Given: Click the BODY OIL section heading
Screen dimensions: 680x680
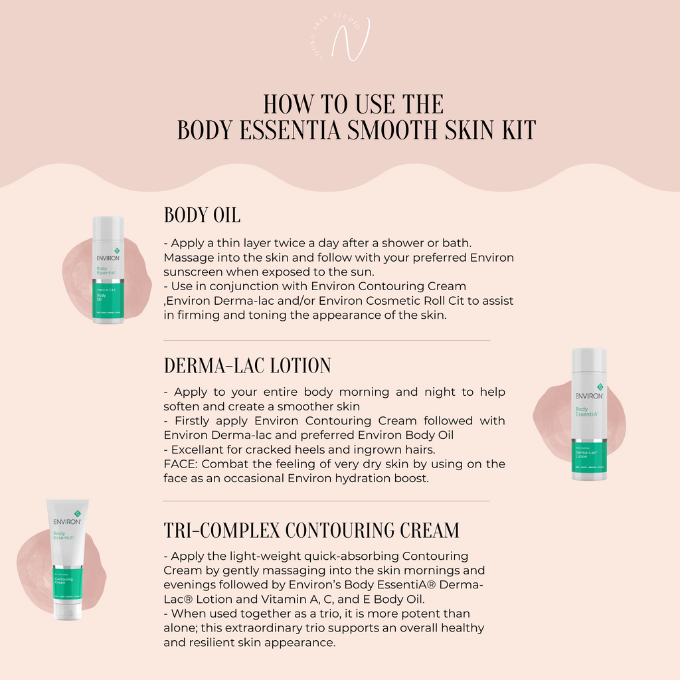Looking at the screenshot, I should point(202,215).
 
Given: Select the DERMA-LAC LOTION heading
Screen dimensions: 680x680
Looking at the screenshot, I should point(247,365).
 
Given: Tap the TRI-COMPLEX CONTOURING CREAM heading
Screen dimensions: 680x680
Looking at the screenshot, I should point(311,530).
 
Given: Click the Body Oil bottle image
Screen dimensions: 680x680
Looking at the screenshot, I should point(108,270).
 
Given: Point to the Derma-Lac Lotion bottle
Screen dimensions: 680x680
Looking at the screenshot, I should point(589,414).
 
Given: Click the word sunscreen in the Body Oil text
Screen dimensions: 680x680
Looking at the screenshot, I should point(197,272).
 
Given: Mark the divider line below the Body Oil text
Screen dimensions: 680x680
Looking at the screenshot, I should point(326,341).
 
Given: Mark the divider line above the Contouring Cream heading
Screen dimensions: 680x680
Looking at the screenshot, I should point(326,501).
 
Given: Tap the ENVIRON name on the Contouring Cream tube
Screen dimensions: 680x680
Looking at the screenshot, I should point(67,522).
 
